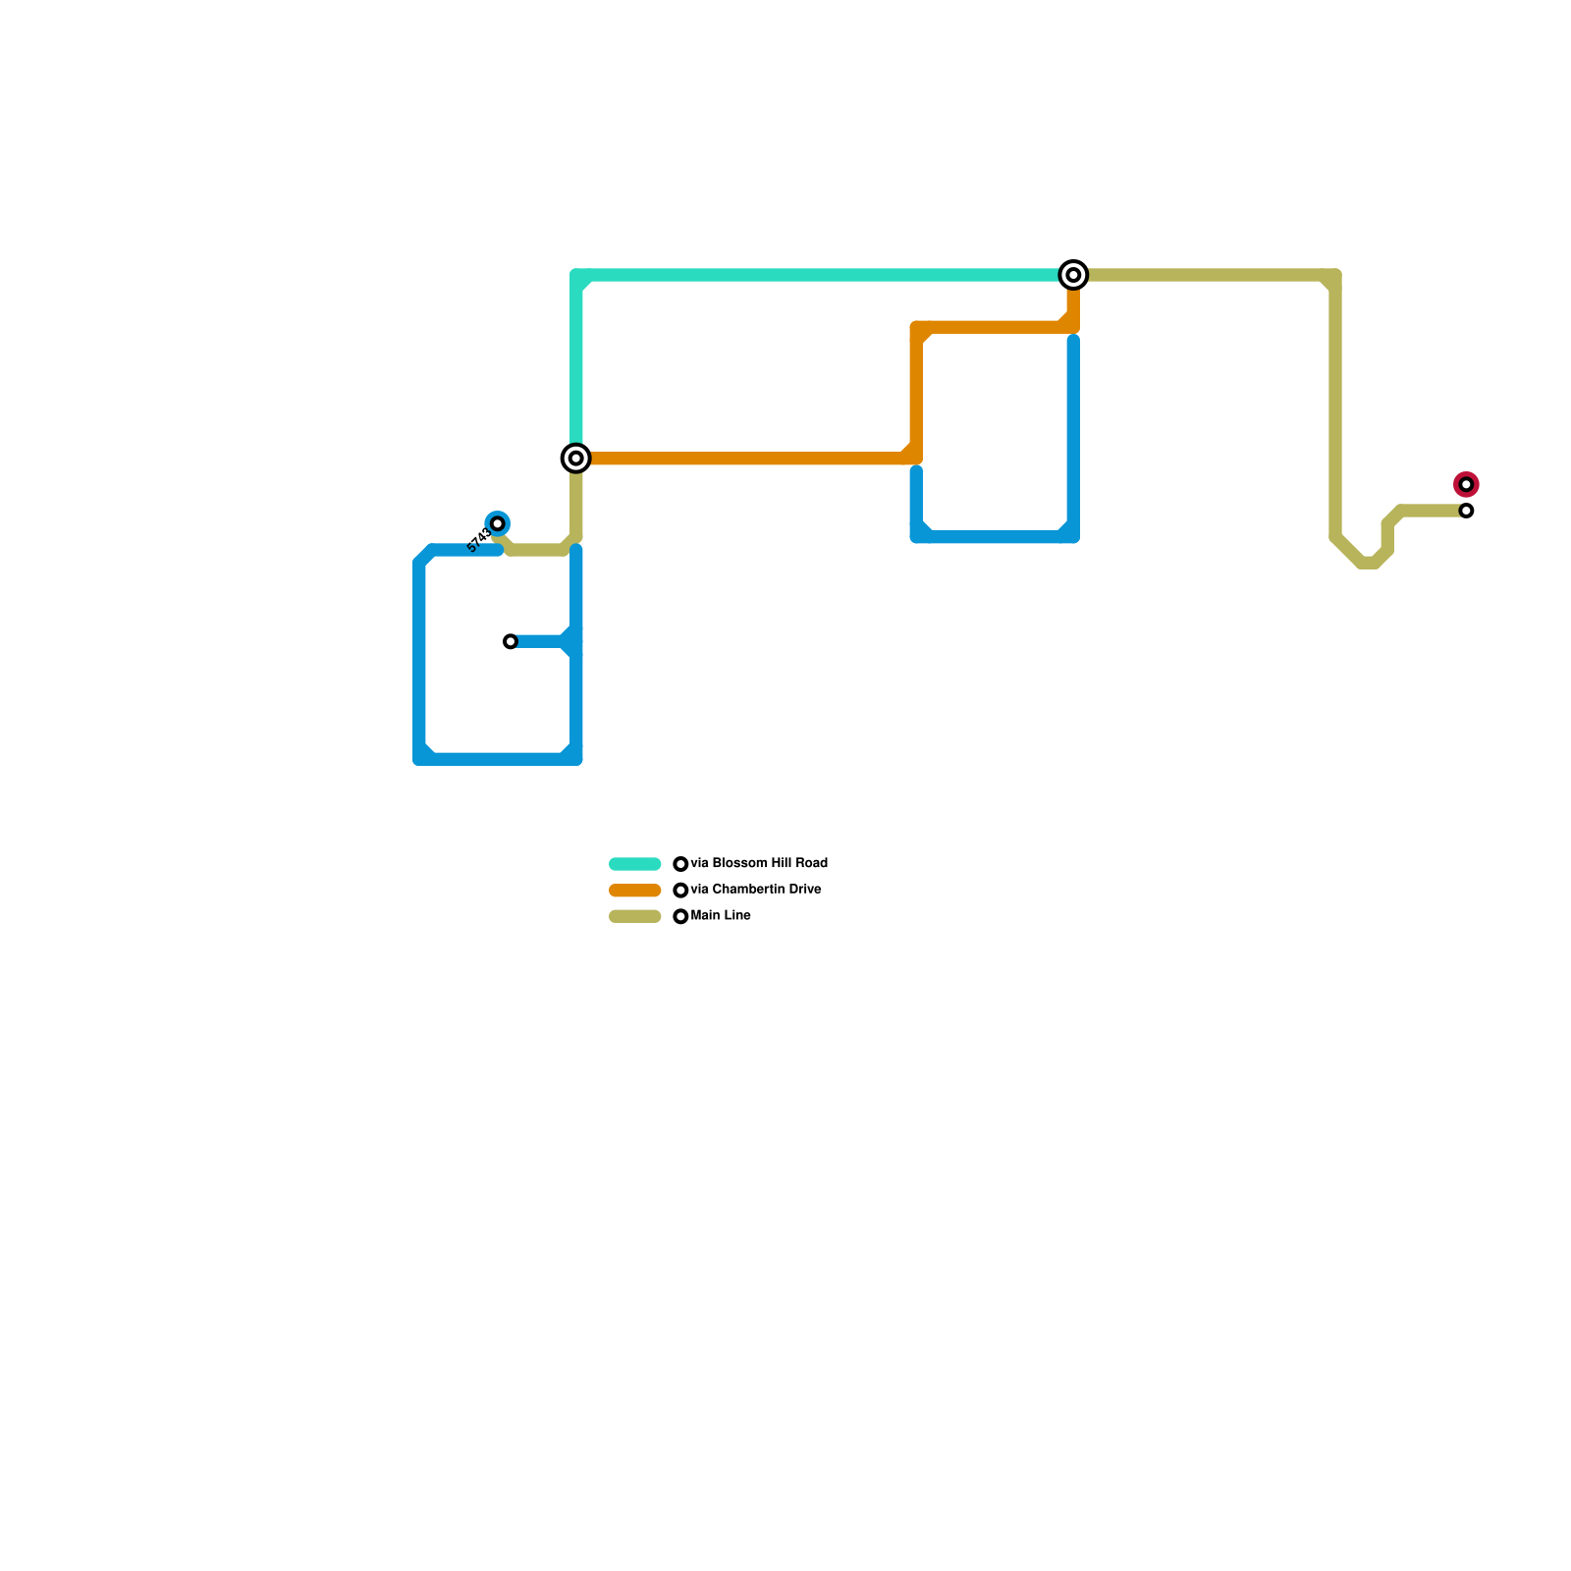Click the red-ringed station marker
tap(1466, 484)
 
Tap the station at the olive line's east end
tap(1466, 511)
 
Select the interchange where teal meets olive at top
tap(1073, 275)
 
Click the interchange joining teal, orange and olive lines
tap(576, 458)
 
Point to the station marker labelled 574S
tap(498, 523)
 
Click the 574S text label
tap(478, 541)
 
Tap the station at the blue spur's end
tap(511, 641)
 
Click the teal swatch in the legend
tap(635, 864)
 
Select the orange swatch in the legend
tap(635, 891)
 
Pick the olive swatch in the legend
tap(635, 916)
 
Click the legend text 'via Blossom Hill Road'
tap(759, 864)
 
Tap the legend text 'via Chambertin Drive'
tap(756, 890)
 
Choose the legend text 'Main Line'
tap(721, 916)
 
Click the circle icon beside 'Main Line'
tap(680, 916)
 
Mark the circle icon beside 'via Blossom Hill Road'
tap(680, 864)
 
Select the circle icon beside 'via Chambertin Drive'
tap(680, 891)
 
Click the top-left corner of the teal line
tap(577, 276)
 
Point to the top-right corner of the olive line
tap(1335, 276)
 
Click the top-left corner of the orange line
tap(917, 328)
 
